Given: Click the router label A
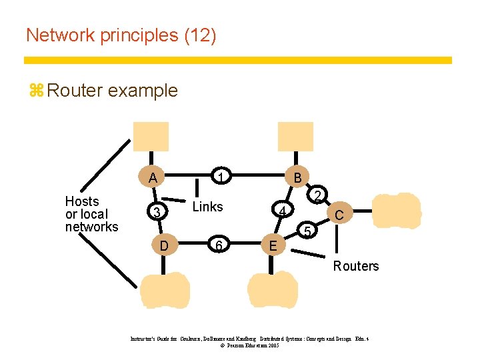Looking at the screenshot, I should [153, 178].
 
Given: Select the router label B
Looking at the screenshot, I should [297, 177].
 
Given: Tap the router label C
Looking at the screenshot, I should [339, 215].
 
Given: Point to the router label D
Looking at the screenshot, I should [164, 246].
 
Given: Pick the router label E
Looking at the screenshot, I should [272, 246].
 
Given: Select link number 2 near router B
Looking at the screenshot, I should [319, 196].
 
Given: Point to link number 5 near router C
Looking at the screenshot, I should [307, 231].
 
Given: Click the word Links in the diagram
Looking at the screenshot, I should [207, 207].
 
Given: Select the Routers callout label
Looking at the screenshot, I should [356, 266].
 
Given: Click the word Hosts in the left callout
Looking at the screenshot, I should [82, 201].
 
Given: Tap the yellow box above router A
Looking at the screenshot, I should [151, 138].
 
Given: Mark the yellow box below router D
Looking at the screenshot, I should [165, 290].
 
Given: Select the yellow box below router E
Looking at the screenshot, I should [272, 290].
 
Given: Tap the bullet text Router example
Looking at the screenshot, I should [113, 91].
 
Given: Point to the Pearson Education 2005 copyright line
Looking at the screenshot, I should [249, 346].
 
